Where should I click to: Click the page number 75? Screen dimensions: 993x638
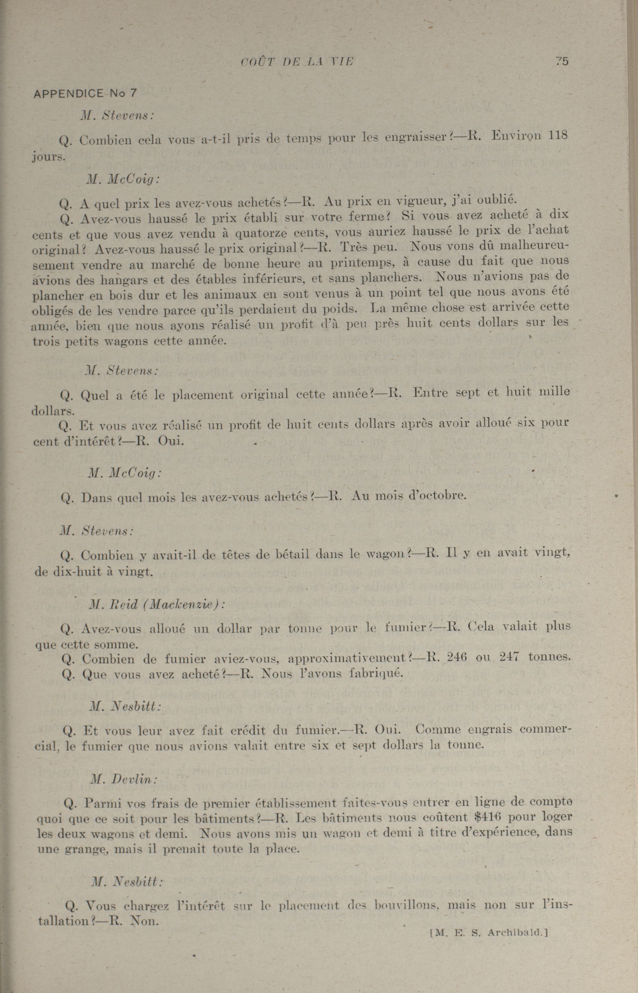pyautogui.click(x=562, y=62)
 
